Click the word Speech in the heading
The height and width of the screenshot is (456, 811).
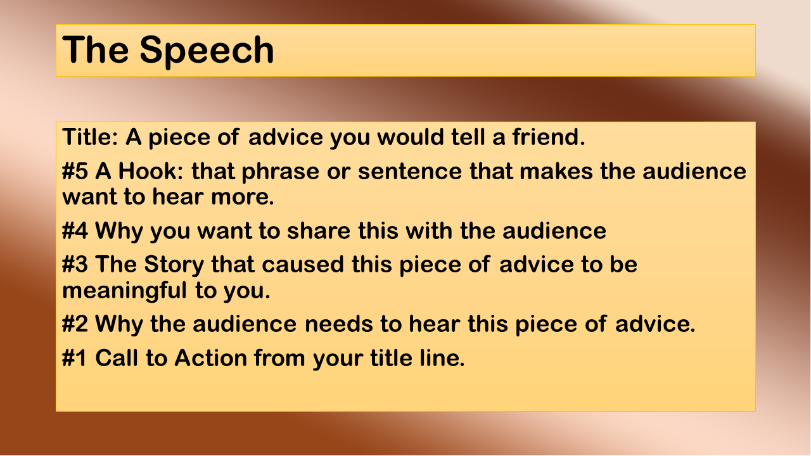click(x=207, y=50)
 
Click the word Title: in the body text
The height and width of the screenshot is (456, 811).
click(x=91, y=137)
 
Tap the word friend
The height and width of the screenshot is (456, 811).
click(x=548, y=137)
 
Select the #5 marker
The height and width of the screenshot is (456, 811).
click(x=75, y=171)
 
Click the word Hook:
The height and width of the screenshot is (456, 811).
click(x=151, y=171)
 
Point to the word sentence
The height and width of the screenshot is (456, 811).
click(x=410, y=171)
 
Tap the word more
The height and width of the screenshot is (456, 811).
click(x=242, y=197)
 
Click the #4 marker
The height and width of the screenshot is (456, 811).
click(x=75, y=231)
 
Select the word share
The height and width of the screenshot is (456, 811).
click(x=319, y=231)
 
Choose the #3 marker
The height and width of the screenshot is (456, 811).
click(x=75, y=264)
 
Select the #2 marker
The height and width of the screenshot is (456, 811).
click(x=75, y=324)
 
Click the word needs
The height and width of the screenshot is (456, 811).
click(x=339, y=324)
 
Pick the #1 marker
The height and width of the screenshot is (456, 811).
click(x=75, y=358)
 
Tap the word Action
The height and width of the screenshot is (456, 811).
click(x=210, y=358)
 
